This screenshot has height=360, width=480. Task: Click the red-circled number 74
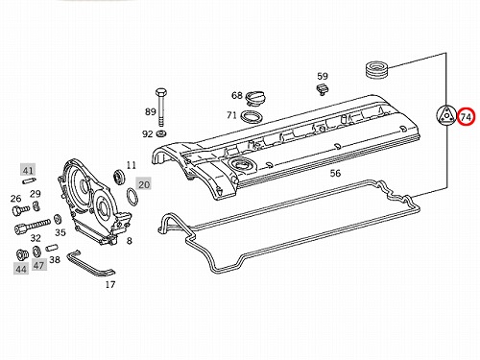pyautogui.click(x=466, y=117)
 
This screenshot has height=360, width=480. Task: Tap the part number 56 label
pyautogui.click(x=335, y=173)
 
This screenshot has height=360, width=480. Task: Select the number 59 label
pyautogui.click(x=323, y=76)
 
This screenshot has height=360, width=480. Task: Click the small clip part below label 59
pyautogui.click(x=322, y=89)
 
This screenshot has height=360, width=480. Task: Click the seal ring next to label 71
pyautogui.click(x=252, y=116)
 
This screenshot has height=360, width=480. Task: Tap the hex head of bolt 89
pyautogui.click(x=160, y=92)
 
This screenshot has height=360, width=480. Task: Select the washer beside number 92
pyautogui.click(x=161, y=133)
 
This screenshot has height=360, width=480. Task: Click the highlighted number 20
pyautogui.click(x=143, y=184)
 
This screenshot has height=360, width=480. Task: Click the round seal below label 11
pyautogui.click(x=120, y=177)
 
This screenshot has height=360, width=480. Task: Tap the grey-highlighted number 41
pyautogui.click(x=28, y=170)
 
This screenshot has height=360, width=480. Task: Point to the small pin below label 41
pyautogui.click(x=29, y=180)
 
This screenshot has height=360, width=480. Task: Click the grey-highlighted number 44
pyautogui.click(x=21, y=269)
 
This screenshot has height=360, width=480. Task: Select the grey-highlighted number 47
pyautogui.click(x=39, y=265)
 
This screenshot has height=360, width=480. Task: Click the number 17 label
pyautogui.click(x=110, y=284)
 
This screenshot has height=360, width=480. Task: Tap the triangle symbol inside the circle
pyautogui.click(x=446, y=115)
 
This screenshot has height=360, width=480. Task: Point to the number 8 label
pyautogui.click(x=130, y=240)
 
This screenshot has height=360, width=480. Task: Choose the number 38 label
pyautogui.click(x=55, y=259)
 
